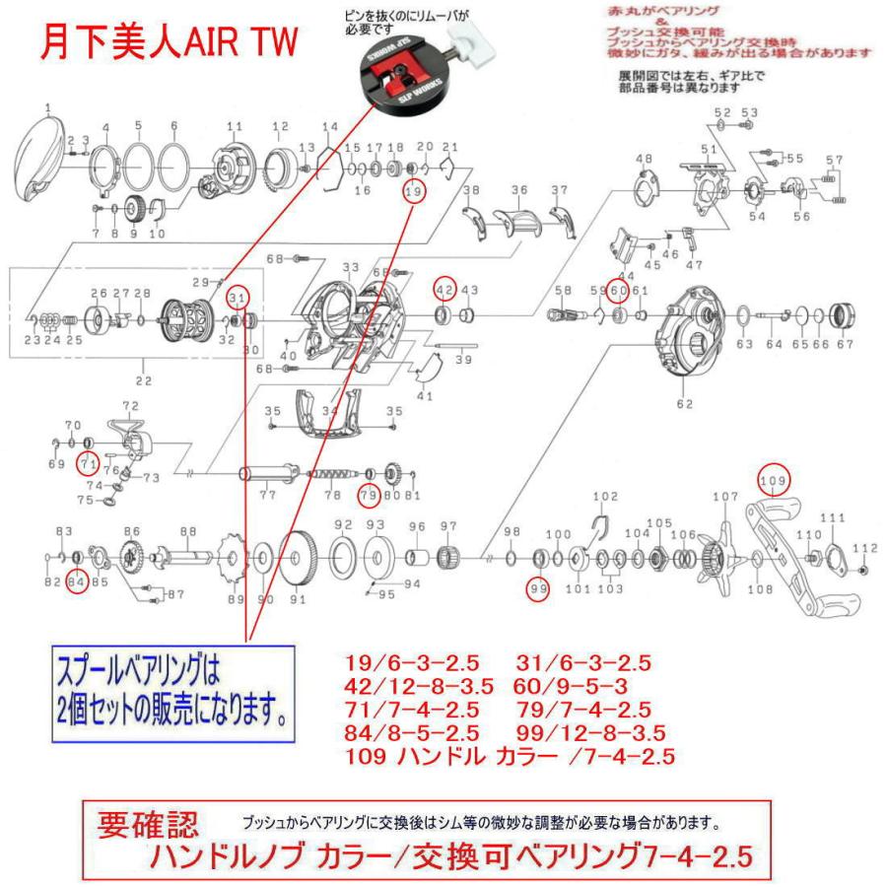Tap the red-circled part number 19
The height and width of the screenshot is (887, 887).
[413, 191]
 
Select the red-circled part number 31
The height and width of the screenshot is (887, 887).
[237, 298]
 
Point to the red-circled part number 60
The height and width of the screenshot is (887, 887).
[618, 290]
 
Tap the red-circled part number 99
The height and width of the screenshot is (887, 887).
[538, 589]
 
